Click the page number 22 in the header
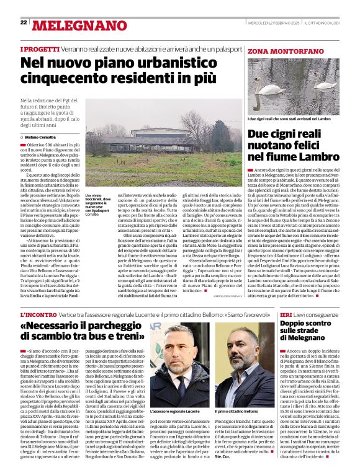[24, 22]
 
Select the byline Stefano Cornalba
[41, 137]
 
